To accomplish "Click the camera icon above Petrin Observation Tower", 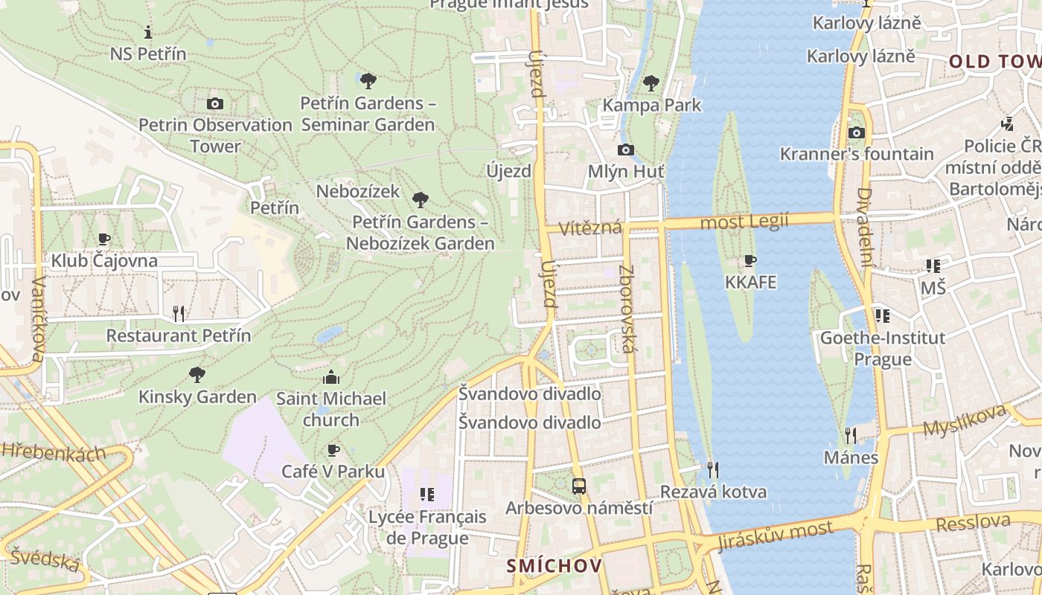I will coord(215,103).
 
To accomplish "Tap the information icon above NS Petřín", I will coord(148,32).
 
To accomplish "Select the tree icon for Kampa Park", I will coord(651,82).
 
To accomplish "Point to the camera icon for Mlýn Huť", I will coord(626,149).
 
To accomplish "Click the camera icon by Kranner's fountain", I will coord(857,132).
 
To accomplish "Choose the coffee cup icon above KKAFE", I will coord(750,260).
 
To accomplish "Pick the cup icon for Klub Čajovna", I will coord(104,239).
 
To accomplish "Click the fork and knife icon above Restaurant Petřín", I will coord(179,313).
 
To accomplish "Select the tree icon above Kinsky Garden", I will coord(197,374).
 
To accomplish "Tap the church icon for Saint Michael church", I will coord(331,377).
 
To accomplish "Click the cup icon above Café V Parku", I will coord(333,450).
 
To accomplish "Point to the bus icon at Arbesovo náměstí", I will coord(579,486).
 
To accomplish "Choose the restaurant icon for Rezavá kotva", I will coord(712,469).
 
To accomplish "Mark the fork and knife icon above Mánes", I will coord(851,435).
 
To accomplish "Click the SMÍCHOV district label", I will coord(554,566).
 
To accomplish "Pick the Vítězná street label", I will coord(592,226).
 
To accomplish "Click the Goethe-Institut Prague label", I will coord(882,348).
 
